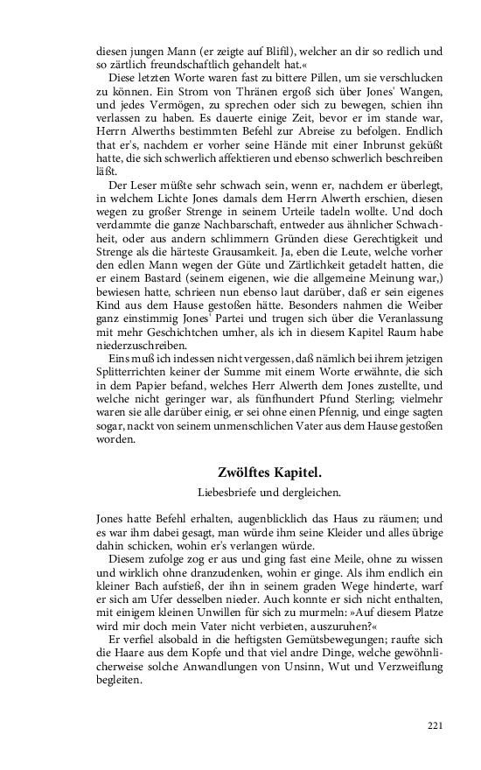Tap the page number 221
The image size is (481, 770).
[x=435, y=725]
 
